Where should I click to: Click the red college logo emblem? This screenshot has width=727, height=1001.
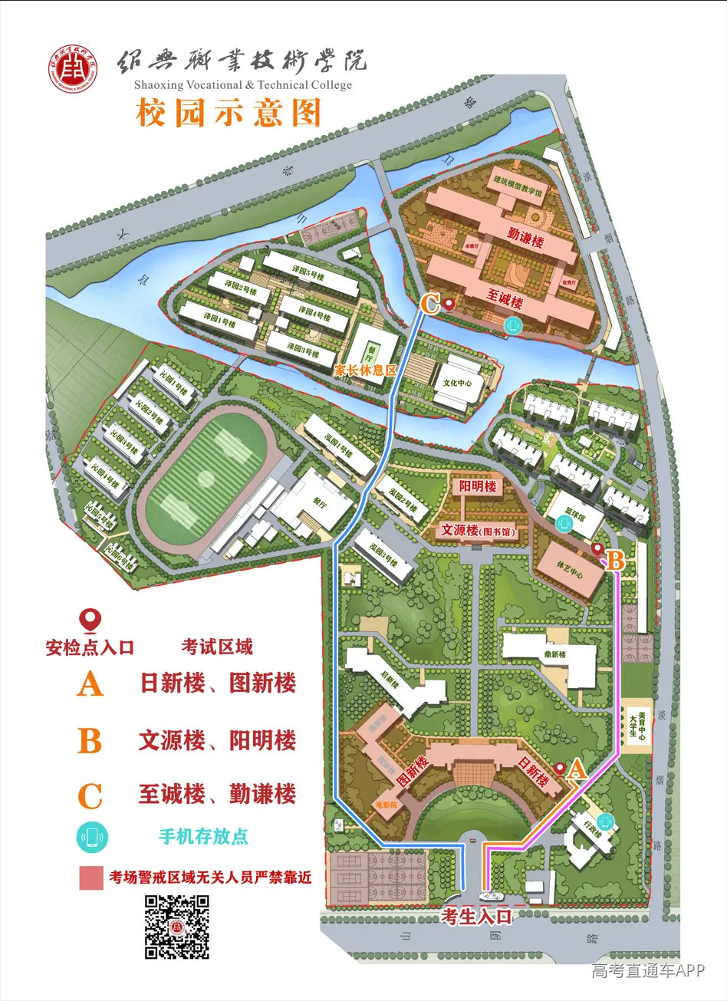[73, 72]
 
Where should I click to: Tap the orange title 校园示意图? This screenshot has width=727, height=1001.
[228, 114]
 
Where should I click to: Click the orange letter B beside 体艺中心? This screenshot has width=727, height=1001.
[616, 559]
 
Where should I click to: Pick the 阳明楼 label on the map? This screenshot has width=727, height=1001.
[477, 487]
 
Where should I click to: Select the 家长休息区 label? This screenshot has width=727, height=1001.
[365, 369]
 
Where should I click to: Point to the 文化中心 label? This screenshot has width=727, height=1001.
[459, 382]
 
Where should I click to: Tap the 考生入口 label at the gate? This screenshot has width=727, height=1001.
[476, 915]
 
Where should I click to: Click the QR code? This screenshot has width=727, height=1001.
[177, 927]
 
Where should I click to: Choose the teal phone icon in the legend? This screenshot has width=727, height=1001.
[92, 837]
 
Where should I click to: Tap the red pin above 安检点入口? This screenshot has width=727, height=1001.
[91, 620]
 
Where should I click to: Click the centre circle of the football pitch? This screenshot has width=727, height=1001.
[206, 479]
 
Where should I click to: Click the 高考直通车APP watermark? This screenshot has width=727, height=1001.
[647, 971]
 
